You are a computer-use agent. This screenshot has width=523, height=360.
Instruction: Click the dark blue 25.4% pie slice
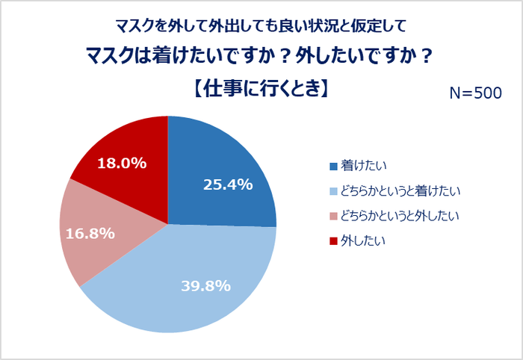tap(224, 161)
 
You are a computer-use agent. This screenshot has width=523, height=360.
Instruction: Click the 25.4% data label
tap(228, 184)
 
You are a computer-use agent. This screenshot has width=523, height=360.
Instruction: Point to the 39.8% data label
tap(205, 285)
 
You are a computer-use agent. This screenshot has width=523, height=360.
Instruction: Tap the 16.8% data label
tap(90, 234)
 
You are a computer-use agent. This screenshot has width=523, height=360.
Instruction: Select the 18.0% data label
tap(122, 162)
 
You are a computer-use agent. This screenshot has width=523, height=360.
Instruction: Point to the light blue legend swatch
tap(333, 191)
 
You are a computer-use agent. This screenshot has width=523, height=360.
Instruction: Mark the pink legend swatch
tap(333, 217)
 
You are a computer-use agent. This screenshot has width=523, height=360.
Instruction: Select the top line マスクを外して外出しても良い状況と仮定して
tap(261, 26)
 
